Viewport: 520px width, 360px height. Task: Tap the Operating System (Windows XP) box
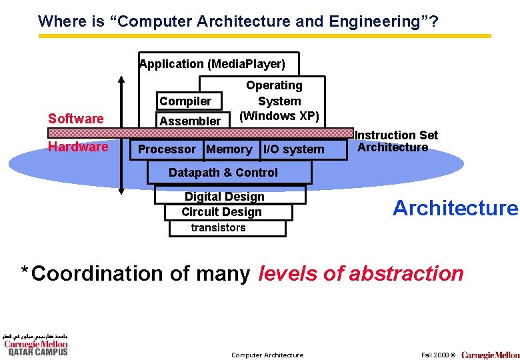(279, 101)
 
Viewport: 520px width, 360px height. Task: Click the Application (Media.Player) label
(213, 64)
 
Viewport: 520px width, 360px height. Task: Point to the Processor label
(167, 149)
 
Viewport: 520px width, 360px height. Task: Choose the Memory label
(229, 149)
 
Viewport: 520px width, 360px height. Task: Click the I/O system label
(294, 149)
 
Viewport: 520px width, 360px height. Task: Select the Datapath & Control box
(223, 173)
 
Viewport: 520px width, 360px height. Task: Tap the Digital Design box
(225, 196)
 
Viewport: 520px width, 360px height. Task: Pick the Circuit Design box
(222, 212)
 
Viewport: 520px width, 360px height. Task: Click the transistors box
(219, 228)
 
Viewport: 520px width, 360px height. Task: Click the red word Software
(76, 119)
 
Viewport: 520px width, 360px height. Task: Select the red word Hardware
(78, 147)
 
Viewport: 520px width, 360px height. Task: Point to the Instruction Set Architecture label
(397, 141)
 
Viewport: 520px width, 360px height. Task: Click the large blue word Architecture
(455, 208)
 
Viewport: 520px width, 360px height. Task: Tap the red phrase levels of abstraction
(361, 273)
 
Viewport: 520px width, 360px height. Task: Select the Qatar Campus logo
(35, 344)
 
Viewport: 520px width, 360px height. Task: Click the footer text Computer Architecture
(267, 355)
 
